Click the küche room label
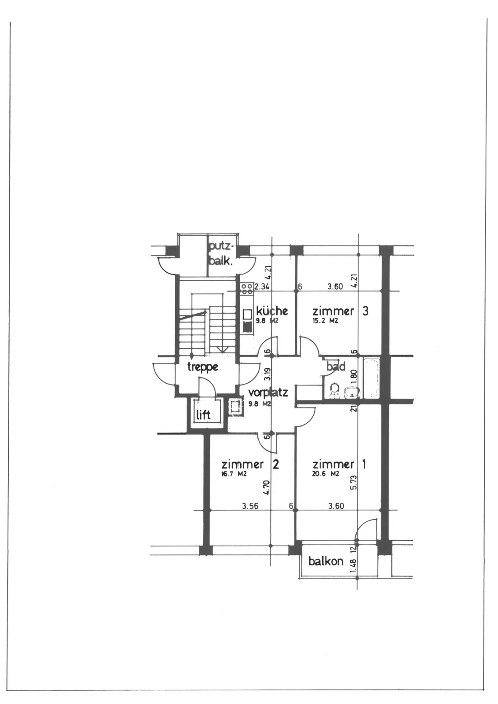(272, 311)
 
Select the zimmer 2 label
(250, 465)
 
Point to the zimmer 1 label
(339, 465)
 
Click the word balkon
(326, 561)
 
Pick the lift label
(203, 415)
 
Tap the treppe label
(203, 367)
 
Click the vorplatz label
(268, 392)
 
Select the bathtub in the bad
(372, 378)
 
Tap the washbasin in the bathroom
(352, 392)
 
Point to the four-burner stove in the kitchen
(247, 289)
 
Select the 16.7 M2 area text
(234, 474)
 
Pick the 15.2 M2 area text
(325, 321)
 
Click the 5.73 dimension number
(354, 482)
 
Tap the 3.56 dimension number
(250, 506)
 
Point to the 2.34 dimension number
(262, 286)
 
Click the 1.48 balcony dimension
(354, 565)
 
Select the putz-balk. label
(222, 254)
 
